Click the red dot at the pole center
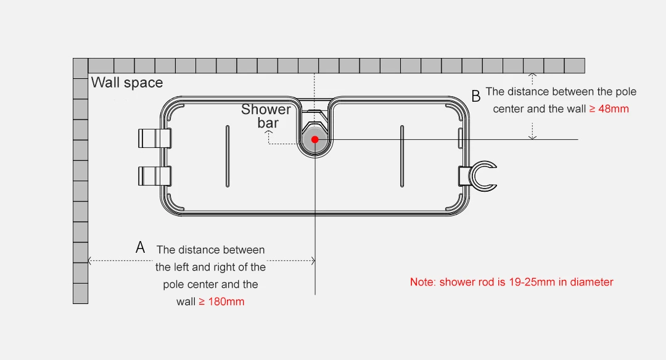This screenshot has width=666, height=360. coord(314,139)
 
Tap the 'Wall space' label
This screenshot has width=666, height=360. coord(127,83)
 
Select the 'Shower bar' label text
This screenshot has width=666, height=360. coord(266,116)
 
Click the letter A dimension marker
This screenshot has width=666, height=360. coord(141,248)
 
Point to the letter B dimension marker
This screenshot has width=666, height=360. coord(475,96)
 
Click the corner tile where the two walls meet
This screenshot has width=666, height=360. coord(80,66)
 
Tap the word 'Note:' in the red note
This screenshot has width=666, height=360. coord(423,282)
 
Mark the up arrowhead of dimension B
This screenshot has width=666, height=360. coord(533,75)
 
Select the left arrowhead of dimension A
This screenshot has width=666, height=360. coord(91,261)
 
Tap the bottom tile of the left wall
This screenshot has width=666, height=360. coord(80,293)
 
